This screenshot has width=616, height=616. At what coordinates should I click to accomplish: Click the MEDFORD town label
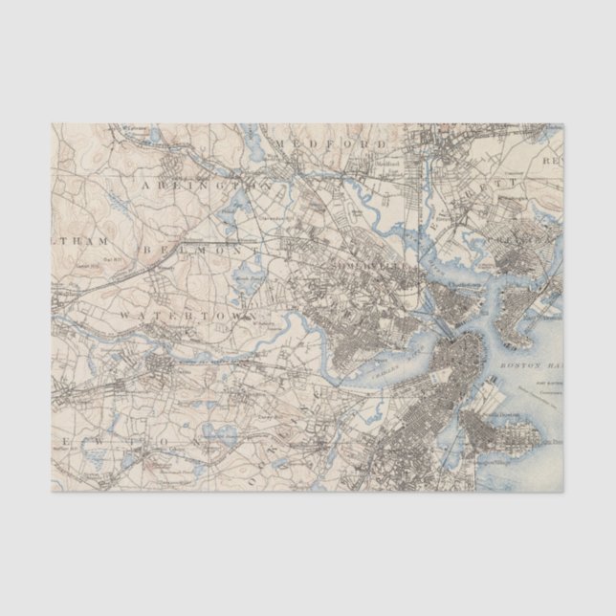pyautogui.click(x=330, y=143)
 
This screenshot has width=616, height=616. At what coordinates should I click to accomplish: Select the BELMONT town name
pyautogui.click(x=191, y=249)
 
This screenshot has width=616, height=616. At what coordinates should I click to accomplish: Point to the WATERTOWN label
pyautogui.click(x=187, y=314)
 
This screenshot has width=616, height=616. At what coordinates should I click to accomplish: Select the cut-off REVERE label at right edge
pyautogui.click(x=553, y=162)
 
